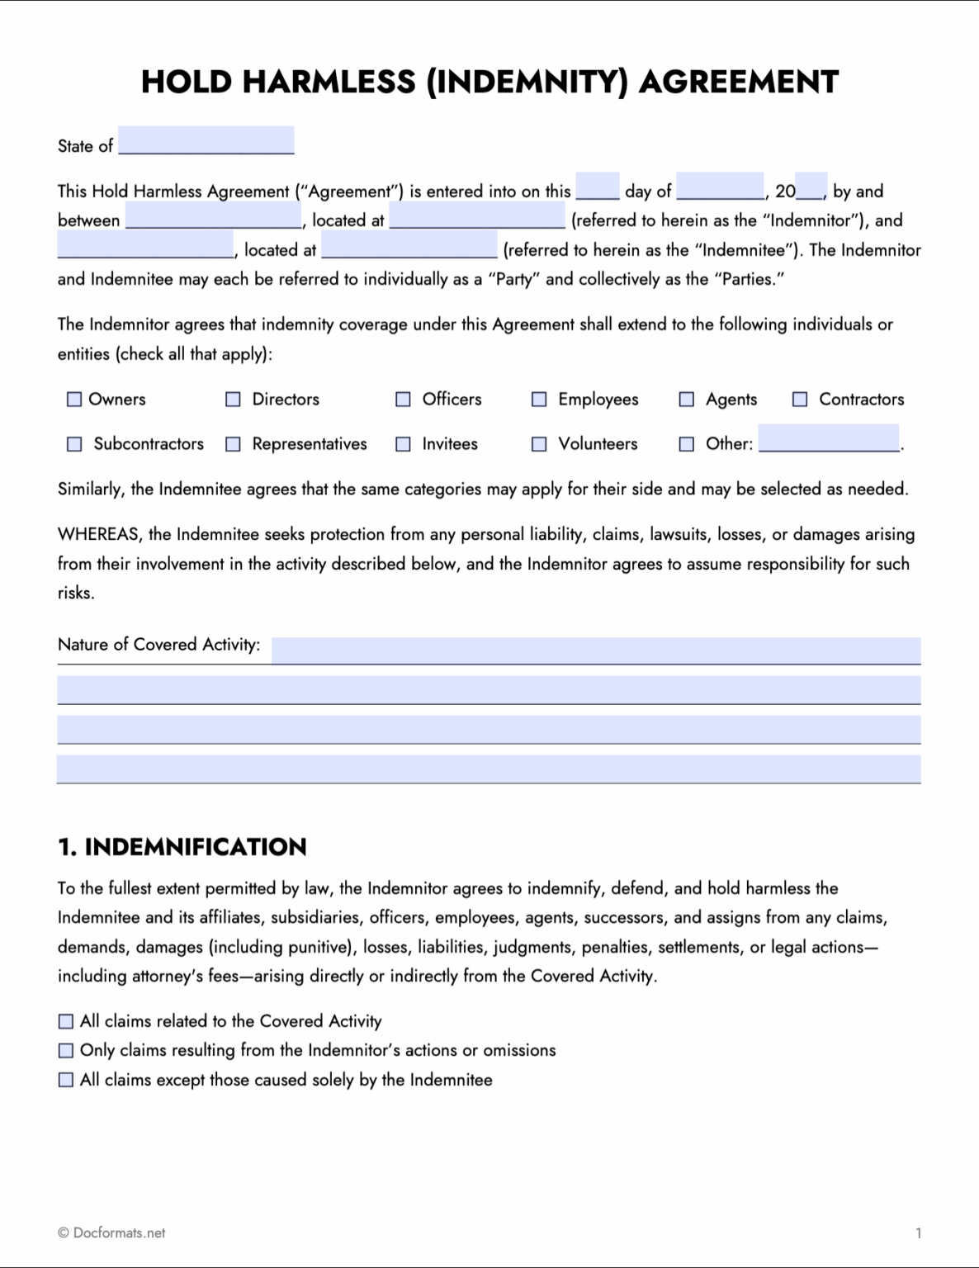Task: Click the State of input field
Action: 206,140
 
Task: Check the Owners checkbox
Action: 74,400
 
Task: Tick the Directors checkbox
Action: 234,400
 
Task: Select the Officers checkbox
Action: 403,400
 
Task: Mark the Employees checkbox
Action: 539,400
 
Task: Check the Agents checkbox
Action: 686,400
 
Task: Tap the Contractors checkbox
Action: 800,400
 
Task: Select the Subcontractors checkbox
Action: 74,444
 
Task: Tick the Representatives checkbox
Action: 234,444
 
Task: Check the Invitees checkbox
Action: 403,444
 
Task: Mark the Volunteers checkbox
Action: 539,444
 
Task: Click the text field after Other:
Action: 829,438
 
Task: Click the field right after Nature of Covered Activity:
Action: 595,650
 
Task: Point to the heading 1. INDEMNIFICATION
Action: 182,847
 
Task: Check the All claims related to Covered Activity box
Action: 66,1022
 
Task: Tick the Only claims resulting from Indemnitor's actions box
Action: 66,1051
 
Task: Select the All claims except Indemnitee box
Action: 66,1080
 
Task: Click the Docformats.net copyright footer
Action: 111,1233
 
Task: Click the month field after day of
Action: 720,187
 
